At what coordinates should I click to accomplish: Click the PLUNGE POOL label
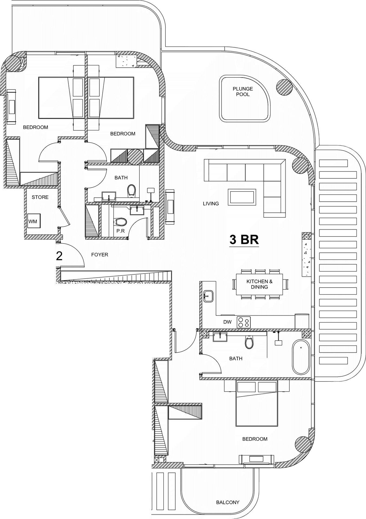(243, 91)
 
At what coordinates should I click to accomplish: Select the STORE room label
(40, 197)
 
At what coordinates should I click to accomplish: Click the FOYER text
(100, 255)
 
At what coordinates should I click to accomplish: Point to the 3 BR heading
(244, 239)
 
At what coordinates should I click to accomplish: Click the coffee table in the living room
(242, 197)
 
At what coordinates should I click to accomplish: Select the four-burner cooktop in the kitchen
(244, 322)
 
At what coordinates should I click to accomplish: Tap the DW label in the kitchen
(227, 322)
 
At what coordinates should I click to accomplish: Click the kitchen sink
(208, 296)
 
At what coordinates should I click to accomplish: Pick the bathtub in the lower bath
(301, 357)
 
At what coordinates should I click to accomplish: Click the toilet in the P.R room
(121, 222)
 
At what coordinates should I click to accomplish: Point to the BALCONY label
(228, 502)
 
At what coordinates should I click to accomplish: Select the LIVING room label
(211, 204)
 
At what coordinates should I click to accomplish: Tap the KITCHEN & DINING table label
(259, 284)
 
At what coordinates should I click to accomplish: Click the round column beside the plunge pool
(285, 87)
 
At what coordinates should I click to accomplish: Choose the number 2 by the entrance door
(59, 256)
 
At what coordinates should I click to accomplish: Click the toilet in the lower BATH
(249, 342)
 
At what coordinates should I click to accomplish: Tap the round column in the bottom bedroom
(303, 444)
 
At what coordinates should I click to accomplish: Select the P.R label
(120, 231)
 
